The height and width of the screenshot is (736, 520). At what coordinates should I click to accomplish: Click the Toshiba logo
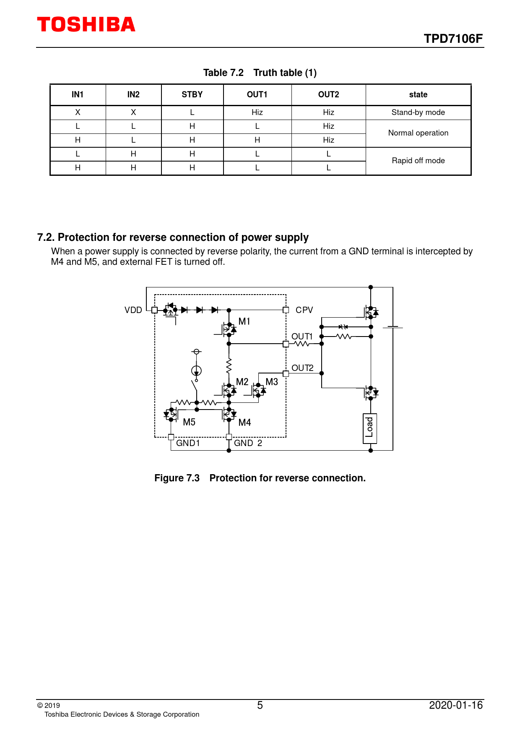[x=86, y=25]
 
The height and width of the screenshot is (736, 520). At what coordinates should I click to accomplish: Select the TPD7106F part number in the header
[x=453, y=39]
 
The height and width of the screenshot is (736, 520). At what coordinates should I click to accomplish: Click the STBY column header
[x=192, y=95]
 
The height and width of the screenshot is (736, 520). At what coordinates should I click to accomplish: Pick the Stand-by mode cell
[x=418, y=112]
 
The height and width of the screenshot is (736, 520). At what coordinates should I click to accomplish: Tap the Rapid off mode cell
[x=418, y=161]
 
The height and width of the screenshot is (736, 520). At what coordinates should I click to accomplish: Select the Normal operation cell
[x=418, y=133]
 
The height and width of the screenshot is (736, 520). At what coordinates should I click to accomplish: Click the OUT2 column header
[x=328, y=95]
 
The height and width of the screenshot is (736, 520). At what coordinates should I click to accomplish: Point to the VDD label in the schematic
[x=133, y=310]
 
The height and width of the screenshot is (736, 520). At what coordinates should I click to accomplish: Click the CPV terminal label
[x=304, y=310]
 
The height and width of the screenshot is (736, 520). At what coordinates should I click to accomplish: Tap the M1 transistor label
[x=244, y=321]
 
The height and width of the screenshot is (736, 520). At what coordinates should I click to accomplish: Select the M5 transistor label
[x=189, y=422]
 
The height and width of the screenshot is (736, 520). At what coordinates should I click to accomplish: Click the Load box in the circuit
[x=369, y=428]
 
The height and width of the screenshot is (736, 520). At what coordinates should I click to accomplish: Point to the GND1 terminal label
[x=188, y=443]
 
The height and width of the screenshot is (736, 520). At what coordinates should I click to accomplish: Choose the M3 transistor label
[x=272, y=382]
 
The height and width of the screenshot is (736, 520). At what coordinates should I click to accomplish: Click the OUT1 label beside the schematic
[x=302, y=337]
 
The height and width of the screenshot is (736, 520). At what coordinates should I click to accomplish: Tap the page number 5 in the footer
[x=260, y=705]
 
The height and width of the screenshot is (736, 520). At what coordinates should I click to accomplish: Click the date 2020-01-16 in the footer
[x=456, y=705]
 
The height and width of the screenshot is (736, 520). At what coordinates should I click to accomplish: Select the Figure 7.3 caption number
[x=177, y=478]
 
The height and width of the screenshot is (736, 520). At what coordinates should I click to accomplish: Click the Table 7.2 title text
[x=223, y=73]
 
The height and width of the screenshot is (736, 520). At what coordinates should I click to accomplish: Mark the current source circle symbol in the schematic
[x=196, y=371]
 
